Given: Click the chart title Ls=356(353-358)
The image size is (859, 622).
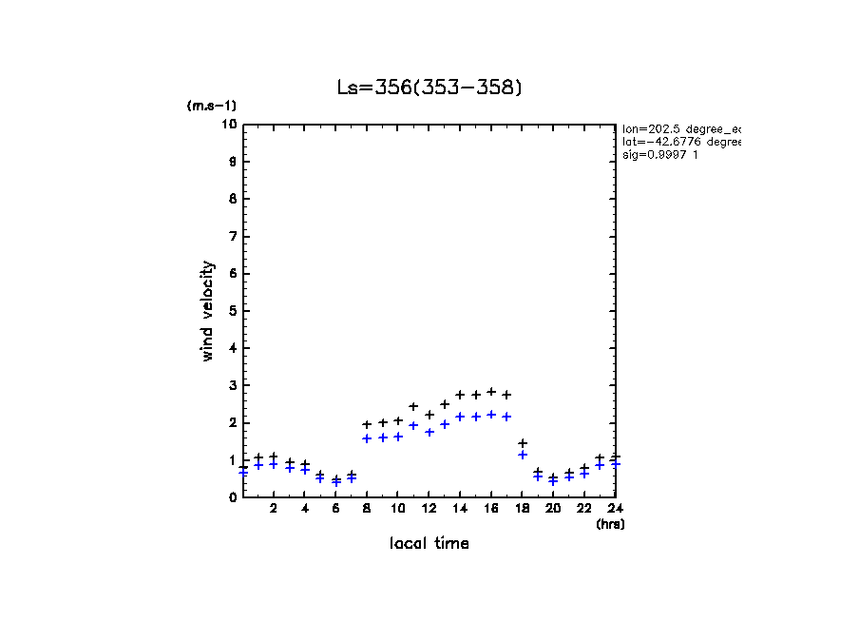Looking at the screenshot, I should tap(429, 87).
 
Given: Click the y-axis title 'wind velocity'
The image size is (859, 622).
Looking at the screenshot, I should tap(207, 312).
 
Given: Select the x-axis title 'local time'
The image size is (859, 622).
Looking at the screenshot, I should tap(429, 544).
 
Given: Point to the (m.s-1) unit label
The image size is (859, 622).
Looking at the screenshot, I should tap(211, 106).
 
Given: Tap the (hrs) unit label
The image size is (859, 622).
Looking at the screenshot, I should tap(610, 524).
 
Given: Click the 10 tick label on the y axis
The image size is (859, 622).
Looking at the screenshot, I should tap(229, 125).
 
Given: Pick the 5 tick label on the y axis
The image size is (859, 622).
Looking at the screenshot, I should tap(233, 311).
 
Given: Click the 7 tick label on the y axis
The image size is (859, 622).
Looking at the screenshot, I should tap(233, 236).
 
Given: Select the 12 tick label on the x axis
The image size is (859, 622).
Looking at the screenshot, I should tap(429, 509).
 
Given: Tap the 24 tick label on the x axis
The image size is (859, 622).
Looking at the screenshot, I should tap(616, 509).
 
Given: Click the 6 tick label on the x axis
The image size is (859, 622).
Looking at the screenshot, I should tap(335, 509).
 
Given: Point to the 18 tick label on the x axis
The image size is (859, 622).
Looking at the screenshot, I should tap(522, 509).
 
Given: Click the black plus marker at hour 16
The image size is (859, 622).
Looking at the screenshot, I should tap(491, 392).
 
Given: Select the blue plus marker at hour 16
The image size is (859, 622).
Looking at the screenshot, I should tap(491, 415).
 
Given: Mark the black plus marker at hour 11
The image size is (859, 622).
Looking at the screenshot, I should tap(413, 406).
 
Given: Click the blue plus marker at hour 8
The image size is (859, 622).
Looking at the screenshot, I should tap(367, 438).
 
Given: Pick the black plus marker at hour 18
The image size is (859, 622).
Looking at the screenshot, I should tap(523, 443).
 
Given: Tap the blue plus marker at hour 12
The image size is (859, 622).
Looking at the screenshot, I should tap(429, 432).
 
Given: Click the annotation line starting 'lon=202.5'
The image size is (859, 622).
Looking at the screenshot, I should tap(680, 128).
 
